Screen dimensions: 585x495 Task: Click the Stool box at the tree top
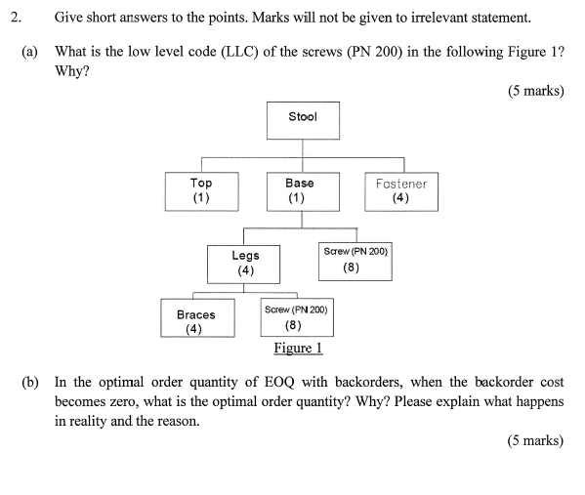[x=302, y=118]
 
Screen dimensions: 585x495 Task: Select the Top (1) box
[x=201, y=189]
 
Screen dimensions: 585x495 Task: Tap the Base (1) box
[x=300, y=189]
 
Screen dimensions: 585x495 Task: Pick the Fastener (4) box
[x=400, y=189]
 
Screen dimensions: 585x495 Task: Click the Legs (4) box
[x=245, y=263]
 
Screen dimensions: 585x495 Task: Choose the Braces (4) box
[x=196, y=320]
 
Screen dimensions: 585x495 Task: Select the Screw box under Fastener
[x=355, y=260]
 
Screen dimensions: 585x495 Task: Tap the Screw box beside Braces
[x=296, y=317]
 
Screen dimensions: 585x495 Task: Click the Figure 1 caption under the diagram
[x=298, y=349]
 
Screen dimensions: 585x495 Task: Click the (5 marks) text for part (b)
[x=535, y=440]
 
